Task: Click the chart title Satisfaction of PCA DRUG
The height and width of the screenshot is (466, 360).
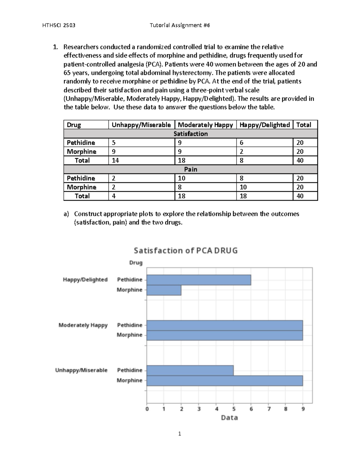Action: tap(185, 251)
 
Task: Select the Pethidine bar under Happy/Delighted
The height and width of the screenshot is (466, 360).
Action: tap(199, 280)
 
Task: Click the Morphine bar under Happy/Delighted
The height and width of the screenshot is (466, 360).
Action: tap(164, 290)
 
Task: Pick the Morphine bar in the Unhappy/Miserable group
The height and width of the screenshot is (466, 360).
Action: tap(224, 381)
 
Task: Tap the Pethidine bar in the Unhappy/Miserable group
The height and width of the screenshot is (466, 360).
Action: tap(190, 371)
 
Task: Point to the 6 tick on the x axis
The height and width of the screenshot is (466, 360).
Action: tap(251, 409)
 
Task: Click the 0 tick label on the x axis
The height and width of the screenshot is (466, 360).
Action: tap(147, 409)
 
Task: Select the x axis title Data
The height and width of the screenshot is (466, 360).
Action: tap(229, 418)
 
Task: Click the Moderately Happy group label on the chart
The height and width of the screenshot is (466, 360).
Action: tap(83, 325)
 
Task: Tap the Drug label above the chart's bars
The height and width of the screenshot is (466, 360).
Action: tap(136, 263)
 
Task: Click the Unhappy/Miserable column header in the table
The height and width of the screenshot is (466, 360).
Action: tap(141, 125)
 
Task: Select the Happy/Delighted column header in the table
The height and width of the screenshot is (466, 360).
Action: tap(265, 125)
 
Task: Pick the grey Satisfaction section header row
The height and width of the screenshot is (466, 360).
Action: tap(190, 134)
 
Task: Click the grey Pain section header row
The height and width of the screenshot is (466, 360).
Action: tap(190, 170)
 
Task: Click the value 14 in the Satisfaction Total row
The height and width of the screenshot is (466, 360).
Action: tap(115, 161)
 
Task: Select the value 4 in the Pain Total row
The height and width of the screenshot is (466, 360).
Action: tap(114, 196)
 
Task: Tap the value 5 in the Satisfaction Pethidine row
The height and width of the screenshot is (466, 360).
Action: tap(114, 143)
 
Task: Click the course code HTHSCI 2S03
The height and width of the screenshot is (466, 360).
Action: tap(59, 26)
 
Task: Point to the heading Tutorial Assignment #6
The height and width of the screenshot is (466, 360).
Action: tap(180, 26)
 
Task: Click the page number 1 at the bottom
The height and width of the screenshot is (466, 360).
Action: tap(180, 434)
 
